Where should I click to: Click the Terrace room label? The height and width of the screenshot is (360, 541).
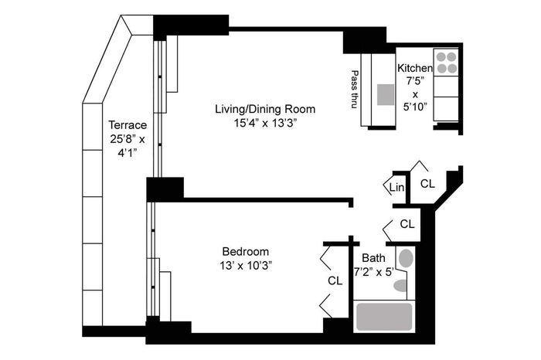[x=128, y=124]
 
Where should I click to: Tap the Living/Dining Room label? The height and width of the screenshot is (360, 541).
[x=265, y=109]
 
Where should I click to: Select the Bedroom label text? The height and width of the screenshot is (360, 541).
[x=245, y=251]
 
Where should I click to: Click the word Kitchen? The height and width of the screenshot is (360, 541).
[x=415, y=68]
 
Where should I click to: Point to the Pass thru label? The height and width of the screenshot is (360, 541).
[x=354, y=90]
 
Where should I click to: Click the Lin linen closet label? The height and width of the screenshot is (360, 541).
[x=396, y=188]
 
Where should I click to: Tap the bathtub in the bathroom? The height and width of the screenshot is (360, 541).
[x=384, y=317]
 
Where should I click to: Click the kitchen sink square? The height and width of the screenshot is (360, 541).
[x=386, y=94]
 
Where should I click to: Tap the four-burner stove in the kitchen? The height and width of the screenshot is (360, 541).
[x=446, y=63]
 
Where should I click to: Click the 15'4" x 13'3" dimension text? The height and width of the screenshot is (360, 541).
[x=265, y=123]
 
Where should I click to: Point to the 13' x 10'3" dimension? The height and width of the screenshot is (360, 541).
[x=246, y=266]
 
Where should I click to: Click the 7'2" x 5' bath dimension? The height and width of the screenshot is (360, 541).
[x=374, y=272]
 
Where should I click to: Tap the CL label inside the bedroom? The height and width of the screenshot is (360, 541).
[x=335, y=280]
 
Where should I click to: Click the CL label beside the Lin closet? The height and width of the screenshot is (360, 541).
[x=428, y=184]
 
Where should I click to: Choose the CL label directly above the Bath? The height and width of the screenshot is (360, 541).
[x=407, y=224]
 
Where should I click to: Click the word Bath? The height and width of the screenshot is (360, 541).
[x=373, y=258]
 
